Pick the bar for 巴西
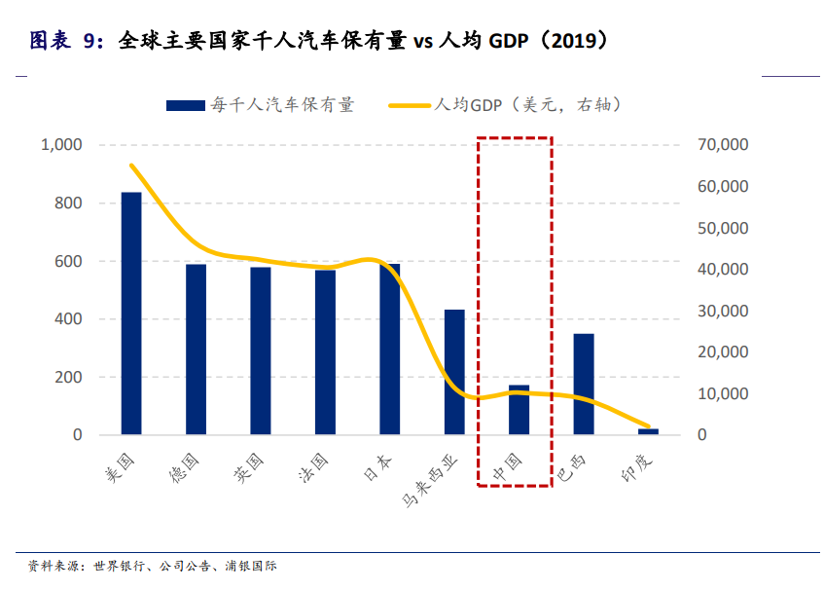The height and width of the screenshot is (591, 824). pos(583,384)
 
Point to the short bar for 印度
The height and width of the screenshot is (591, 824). pos(648,431)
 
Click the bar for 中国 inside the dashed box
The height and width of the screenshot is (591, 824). pos(519,410)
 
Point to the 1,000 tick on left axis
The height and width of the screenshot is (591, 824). pos(61,145)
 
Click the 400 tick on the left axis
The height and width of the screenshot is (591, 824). pos(69,319)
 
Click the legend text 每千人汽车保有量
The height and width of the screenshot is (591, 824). pos(283,105)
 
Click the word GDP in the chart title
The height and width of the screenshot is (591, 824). pos(511,41)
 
